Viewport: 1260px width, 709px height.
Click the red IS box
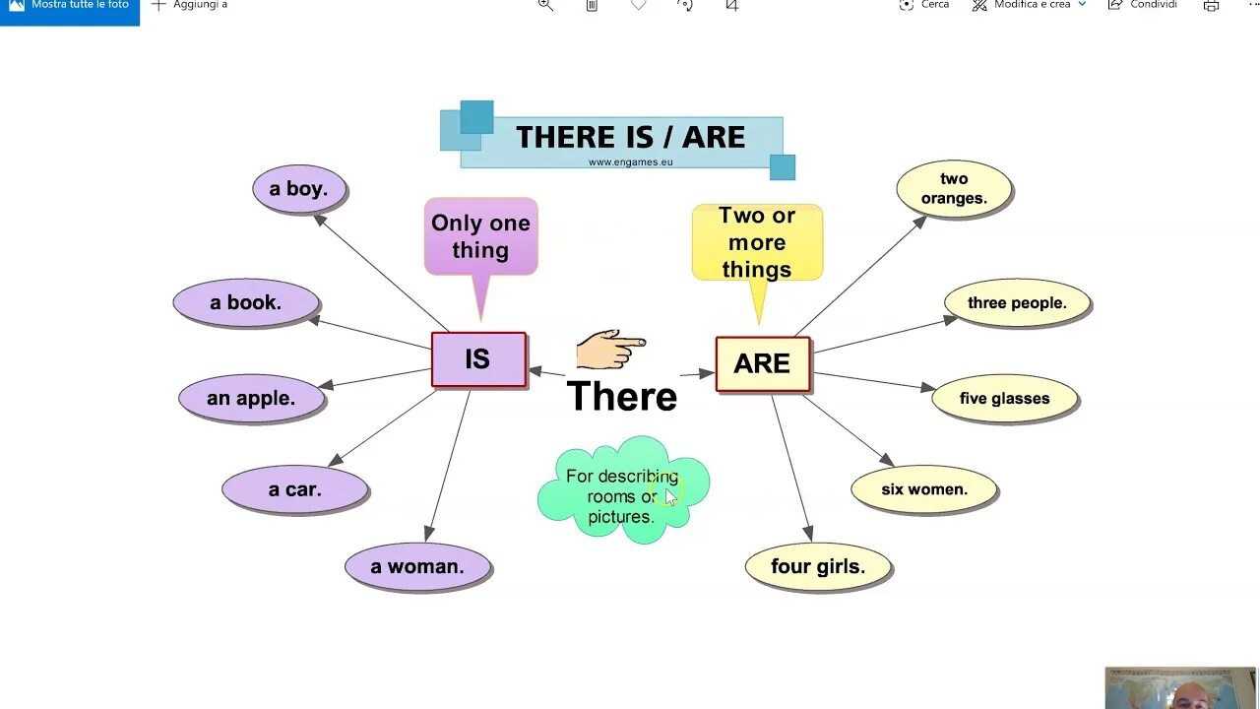(478, 359)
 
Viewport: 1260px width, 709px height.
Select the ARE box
(762, 363)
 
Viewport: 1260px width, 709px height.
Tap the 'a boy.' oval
(299, 189)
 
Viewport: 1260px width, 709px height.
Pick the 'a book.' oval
(246, 303)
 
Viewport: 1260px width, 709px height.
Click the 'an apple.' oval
(251, 399)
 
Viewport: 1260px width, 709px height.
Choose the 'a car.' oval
(294, 489)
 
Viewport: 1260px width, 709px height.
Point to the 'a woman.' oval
(417, 567)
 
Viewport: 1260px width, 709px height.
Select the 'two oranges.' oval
(954, 189)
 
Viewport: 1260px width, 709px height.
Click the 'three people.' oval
(1017, 303)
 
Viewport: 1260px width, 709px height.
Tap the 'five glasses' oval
(1004, 399)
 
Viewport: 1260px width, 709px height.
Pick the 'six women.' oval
(924, 489)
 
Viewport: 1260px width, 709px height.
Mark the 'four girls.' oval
(818, 567)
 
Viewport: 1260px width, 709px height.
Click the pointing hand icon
(609, 349)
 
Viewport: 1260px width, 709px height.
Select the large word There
(622, 397)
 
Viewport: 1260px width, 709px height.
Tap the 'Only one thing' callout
(480, 236)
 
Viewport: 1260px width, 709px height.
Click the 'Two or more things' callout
(757, 242)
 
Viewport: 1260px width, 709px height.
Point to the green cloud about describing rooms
(622, 490)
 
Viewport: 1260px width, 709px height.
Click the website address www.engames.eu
(631, 162)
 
